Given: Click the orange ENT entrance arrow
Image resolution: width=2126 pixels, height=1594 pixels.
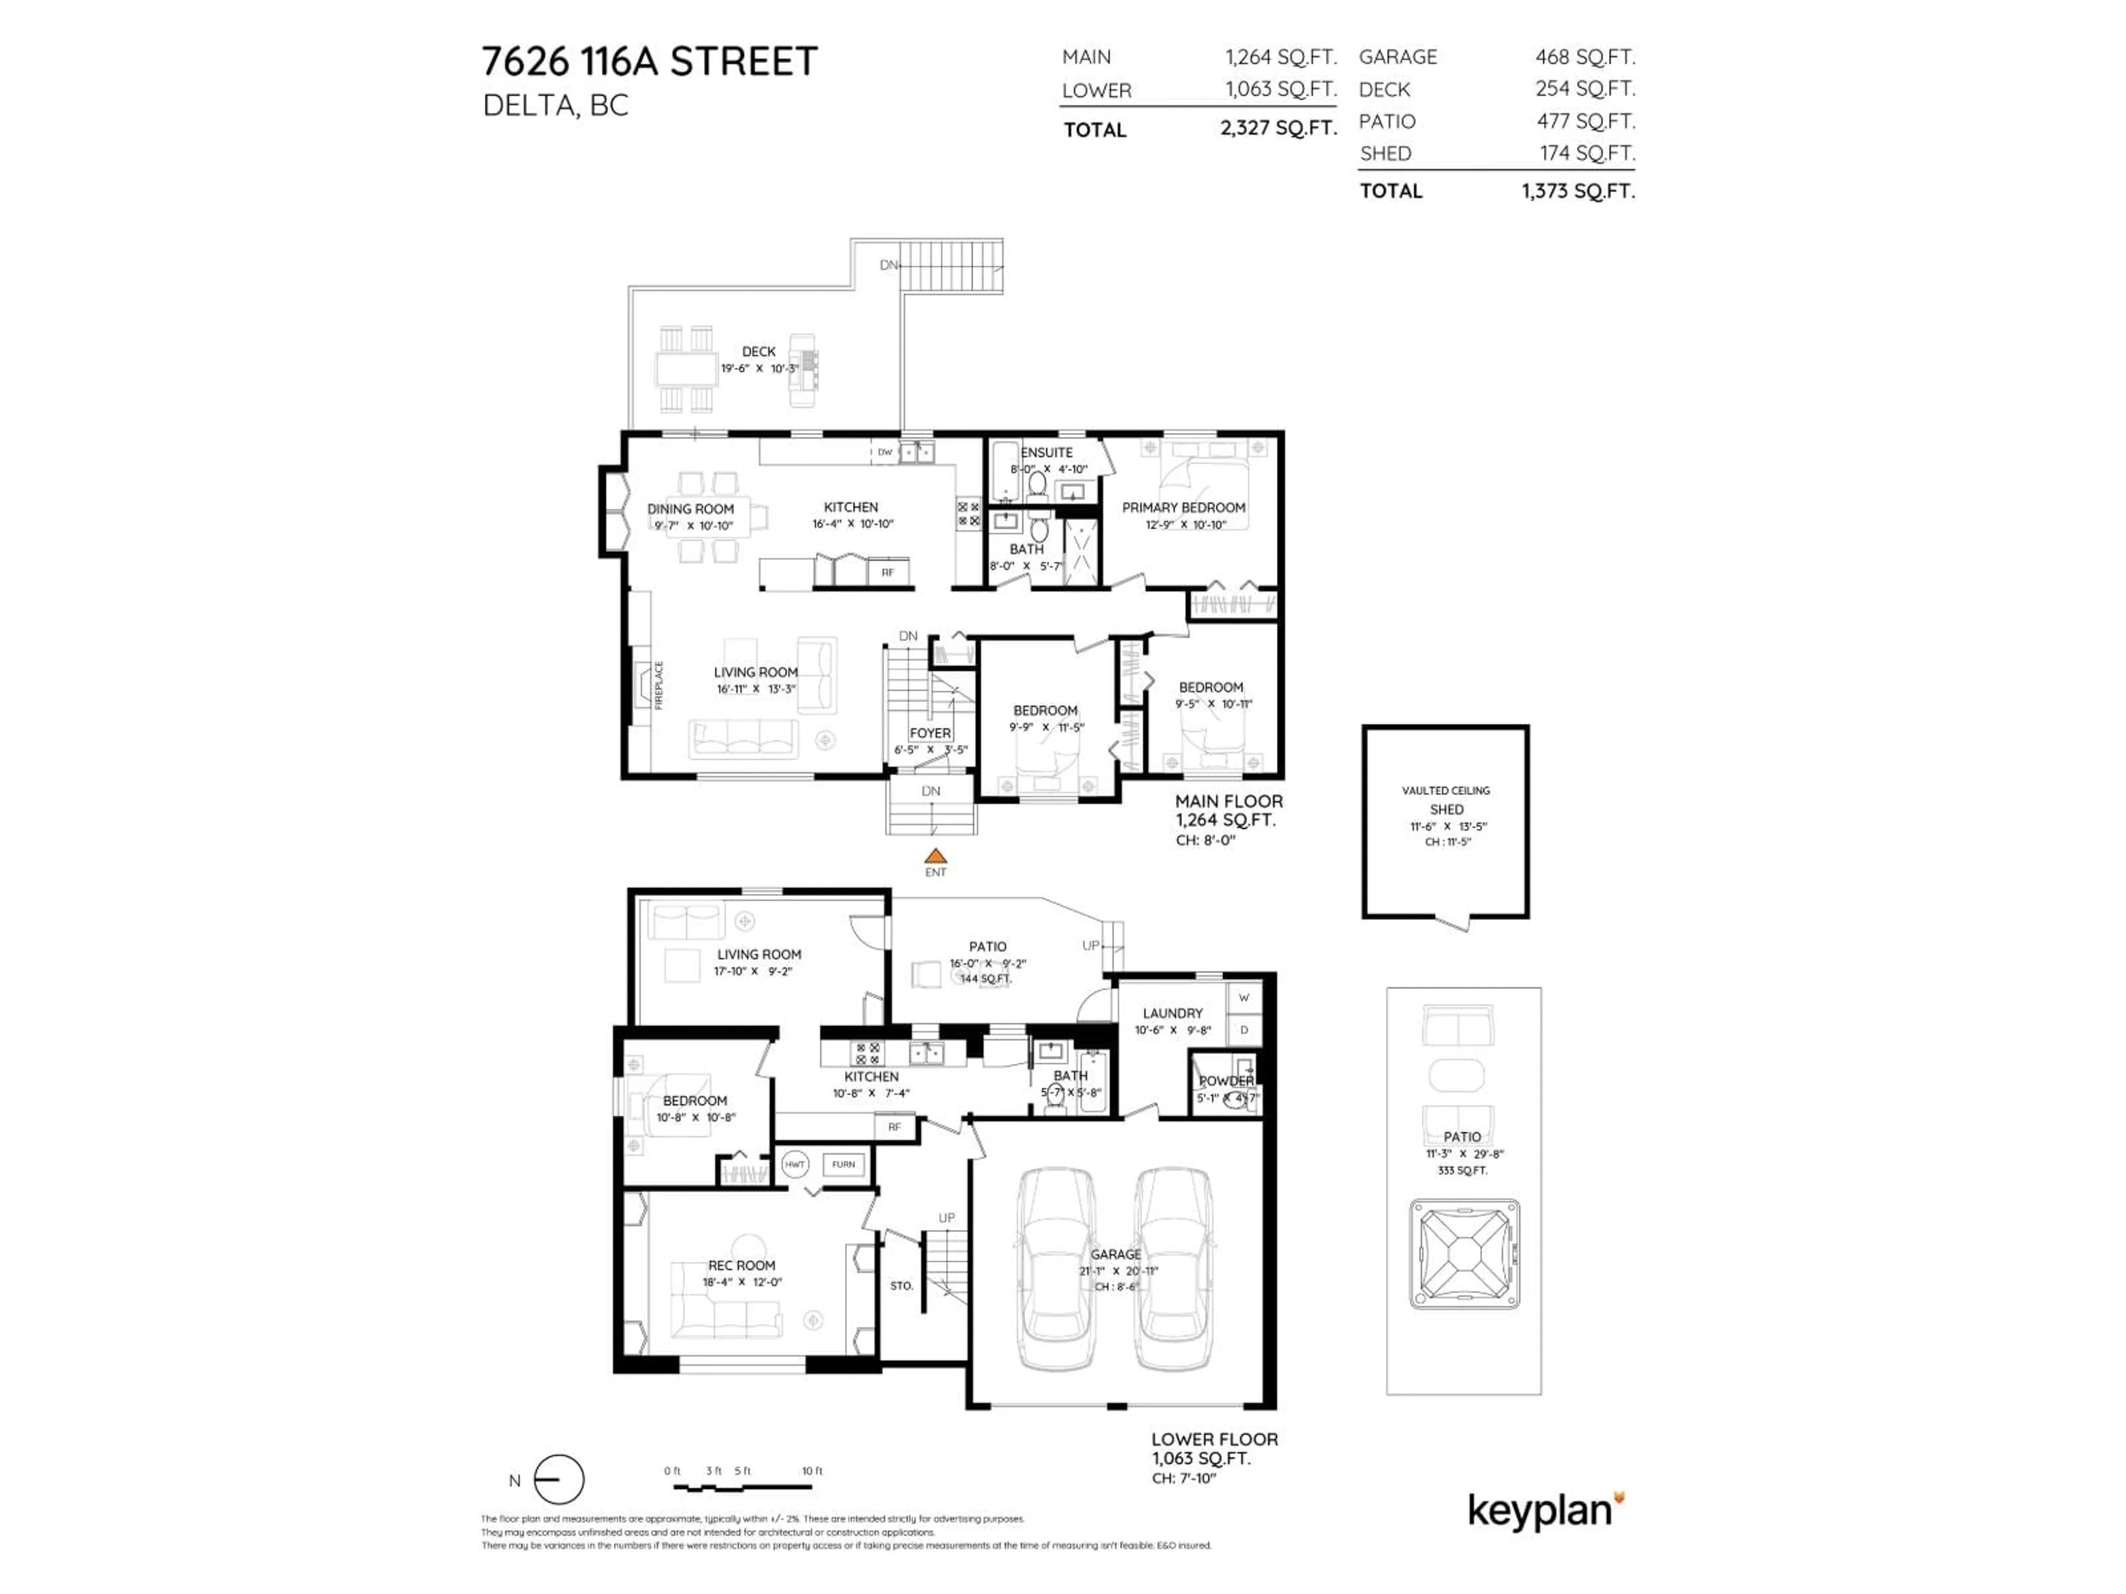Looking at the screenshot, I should pos(935,856).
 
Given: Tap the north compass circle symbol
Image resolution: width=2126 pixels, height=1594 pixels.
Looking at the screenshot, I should pos(559,1479).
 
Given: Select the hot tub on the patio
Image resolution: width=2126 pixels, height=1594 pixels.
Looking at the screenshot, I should pos(1464,1254).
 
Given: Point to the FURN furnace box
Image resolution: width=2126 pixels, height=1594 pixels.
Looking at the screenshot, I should pos(843,1165).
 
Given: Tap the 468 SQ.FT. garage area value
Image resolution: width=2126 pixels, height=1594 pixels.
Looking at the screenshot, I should pos(1584,56).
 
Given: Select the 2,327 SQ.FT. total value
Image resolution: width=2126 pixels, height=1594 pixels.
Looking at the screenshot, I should pos(1278,128).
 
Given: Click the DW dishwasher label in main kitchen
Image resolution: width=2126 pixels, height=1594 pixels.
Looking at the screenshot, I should pos(884,452).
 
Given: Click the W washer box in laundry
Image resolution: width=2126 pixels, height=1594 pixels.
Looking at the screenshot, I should pos(1243,997).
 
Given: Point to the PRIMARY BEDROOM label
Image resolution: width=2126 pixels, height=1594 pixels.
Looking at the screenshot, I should pos(1183,508).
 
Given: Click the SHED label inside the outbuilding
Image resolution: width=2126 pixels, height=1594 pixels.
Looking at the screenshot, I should pos(1446,809).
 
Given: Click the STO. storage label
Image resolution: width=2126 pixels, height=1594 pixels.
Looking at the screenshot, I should pos(901,1286).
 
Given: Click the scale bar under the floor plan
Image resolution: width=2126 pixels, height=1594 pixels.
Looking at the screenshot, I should pos(742,1487).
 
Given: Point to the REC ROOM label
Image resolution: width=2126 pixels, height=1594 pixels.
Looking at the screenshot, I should pos(741,1265).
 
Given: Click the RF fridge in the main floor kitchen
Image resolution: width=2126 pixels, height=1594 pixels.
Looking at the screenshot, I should pos(887,573).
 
